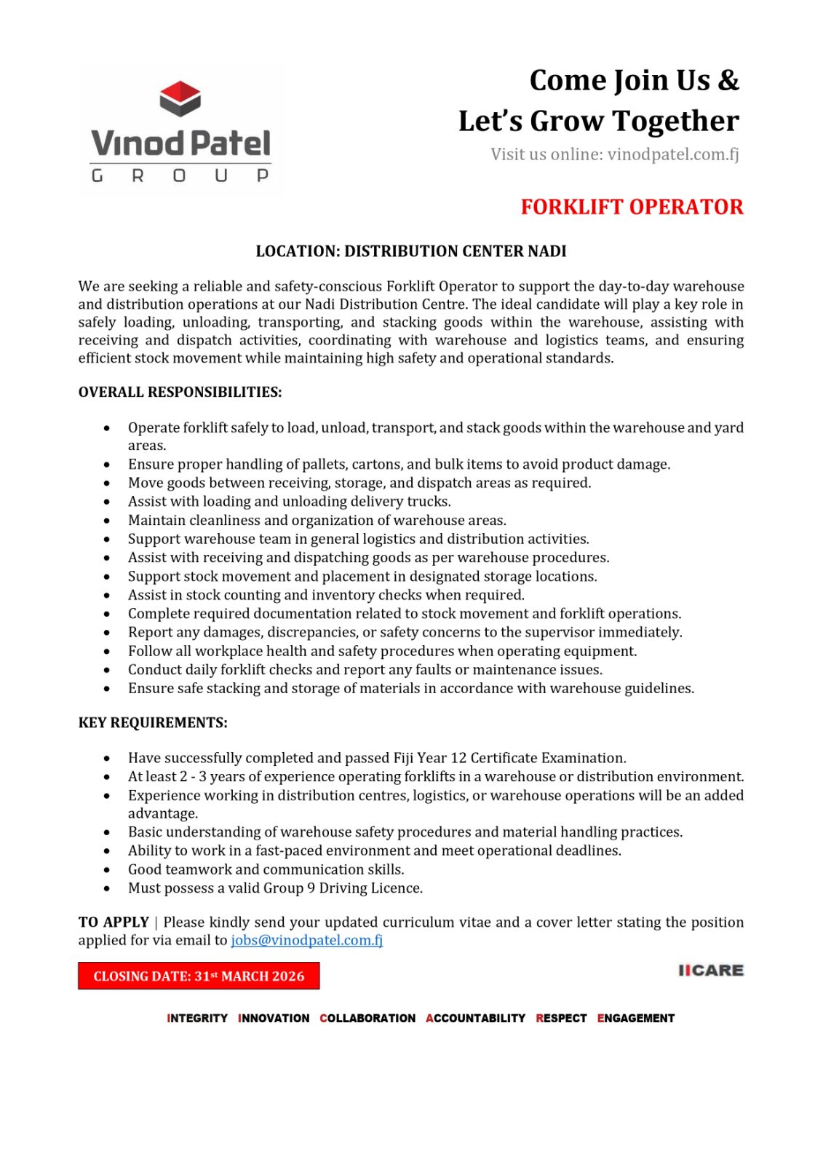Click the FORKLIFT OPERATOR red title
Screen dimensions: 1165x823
[632, 207]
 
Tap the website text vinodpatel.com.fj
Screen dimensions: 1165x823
[673, 154]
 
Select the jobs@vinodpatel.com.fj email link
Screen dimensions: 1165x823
[306, 940]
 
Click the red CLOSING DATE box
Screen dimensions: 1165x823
[199, 976]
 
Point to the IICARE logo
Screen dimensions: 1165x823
[710, 970]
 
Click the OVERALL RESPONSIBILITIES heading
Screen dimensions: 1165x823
[180, 392]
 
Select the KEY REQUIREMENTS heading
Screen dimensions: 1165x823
[153, 723]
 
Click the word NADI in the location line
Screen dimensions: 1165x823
[546, 251]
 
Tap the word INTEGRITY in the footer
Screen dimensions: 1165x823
[197, 1018]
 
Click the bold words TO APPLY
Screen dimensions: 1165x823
[114, 923]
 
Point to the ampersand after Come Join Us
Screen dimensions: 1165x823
[728, 80]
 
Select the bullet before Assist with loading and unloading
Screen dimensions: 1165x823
[107, 502]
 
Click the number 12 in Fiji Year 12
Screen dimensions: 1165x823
[458, 758]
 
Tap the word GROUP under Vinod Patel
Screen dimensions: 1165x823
[180, 175]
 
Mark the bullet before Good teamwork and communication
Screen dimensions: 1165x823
[107, 869]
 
